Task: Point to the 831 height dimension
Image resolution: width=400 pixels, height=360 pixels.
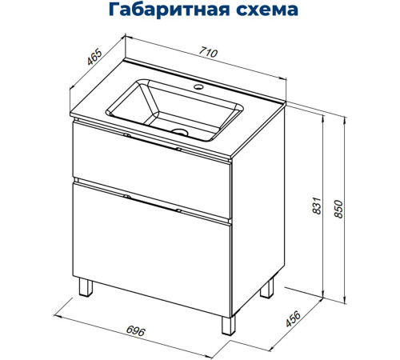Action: pyautogui.click(x=317, y=208)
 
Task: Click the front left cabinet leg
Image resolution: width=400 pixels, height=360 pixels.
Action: pyautogui.click(x=85, y=290)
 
